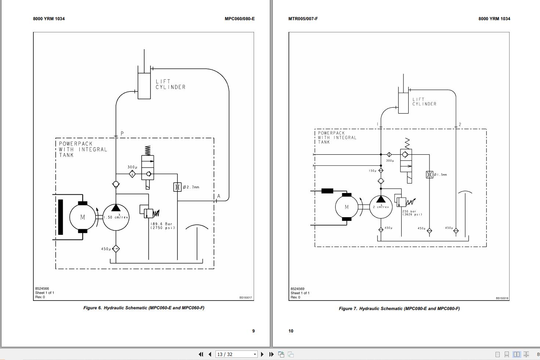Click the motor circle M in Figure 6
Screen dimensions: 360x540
point(83,217)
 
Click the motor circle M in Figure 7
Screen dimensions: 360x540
point(347,207)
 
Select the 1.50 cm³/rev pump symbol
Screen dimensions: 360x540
point(116,217)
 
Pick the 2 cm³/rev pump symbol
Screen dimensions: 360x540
point(381,207)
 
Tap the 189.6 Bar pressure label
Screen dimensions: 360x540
point(162,226)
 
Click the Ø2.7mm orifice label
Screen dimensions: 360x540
point(191,187)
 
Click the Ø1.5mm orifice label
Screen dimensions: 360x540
point(440,175)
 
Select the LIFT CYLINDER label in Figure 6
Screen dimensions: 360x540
point(170,84)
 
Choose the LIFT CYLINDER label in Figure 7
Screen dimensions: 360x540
point(424,102)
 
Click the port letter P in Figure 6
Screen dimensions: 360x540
point(122,133)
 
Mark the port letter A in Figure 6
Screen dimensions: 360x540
point(219,196)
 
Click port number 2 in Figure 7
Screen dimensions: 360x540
point(460,125)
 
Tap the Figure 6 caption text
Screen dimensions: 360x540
point(144,308)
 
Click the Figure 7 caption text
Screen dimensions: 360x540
point(399,309)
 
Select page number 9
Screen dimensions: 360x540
point(253,331)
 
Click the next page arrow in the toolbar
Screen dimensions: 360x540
point(262,354)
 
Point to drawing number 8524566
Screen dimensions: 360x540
point(42,289)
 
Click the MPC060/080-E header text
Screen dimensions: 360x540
point(239,19)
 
